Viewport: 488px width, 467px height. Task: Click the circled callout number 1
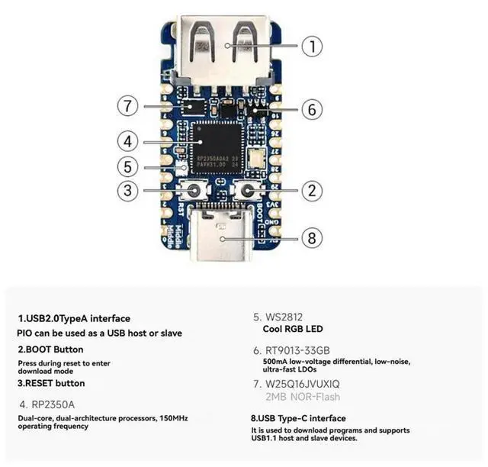312,46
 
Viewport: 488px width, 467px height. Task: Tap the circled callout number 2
310,191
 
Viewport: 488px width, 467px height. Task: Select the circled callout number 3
129,191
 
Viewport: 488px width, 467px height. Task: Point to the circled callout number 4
129,140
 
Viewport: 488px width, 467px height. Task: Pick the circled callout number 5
129,166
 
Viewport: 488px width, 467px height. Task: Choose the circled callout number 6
310,109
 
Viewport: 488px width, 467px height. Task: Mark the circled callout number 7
129,105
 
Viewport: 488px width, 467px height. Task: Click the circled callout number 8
310,237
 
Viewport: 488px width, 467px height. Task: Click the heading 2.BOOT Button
50,349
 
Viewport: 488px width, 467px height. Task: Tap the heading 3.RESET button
51,383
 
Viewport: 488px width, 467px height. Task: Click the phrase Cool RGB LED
294,329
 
